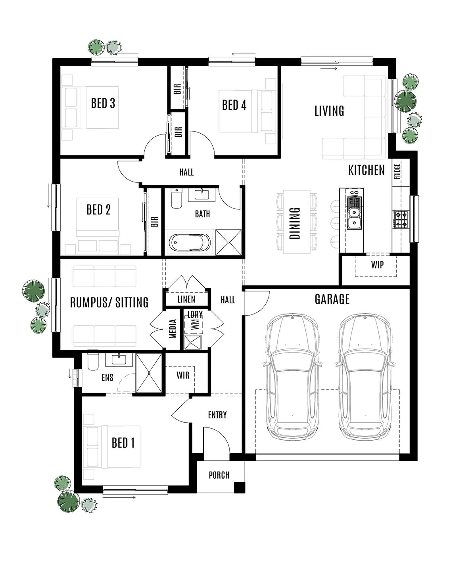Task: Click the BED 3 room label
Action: pyautogui.click(x=103, y=103)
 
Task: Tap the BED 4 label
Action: pyautogui.click(x=234, y=105)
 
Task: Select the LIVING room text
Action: pyautogui.click(x=329, y=111)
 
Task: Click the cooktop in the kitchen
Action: pyautogui.click(x=400, y=219)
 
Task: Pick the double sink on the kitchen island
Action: pyautogui.click(x=353, y=213)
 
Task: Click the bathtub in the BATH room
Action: pyautogui.click(x=190, y=242)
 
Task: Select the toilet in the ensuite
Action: pyautogui.click(x=93, y=362)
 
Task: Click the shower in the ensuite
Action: pyautogui.click(x=149, y=373)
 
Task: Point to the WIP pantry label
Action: pyautogui.click(x=377, y=265)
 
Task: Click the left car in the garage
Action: pyautogui.click(x=293, y=377)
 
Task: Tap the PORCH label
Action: pyautogui.click(x=219, y=475)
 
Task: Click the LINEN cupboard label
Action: pyautogui.click(x=186, y=299)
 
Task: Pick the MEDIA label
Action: pyautogui.click(x=173, y=329)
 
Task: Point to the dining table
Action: pyautogui.click(x=296, y=222)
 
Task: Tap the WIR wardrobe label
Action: pyautogui.click(x=183, y=375)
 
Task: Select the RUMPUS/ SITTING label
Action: pyautogui.click(x=109, y=303)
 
